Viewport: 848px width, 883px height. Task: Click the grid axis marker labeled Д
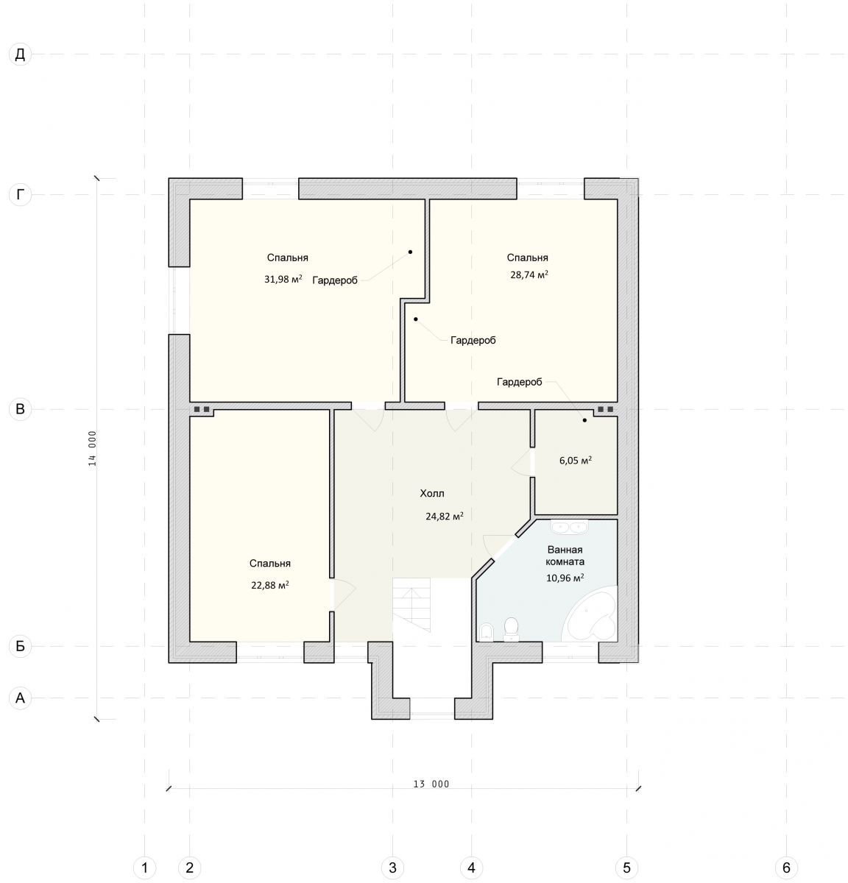[20, 54]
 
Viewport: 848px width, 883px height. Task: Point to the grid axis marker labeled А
[20, 698]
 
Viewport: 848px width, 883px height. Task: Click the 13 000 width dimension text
[431, 784]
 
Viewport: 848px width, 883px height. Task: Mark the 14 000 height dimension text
[92, 448]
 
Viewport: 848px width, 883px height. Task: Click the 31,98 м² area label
[283, 279]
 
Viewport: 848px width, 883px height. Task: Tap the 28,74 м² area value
[529, 274]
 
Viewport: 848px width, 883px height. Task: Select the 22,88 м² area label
[270, 585]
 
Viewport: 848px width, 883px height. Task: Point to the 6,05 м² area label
[575, 461]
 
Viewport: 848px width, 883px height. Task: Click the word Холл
[431, 493]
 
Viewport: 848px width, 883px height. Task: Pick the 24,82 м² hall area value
[445, 516]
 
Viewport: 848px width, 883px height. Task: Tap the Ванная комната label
[565, 556]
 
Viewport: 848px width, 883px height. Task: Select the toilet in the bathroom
[511, 629]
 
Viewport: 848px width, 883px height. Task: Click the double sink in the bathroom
[569, 527]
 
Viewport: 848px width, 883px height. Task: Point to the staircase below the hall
[411, 604]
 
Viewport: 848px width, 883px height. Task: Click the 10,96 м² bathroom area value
[565, 578]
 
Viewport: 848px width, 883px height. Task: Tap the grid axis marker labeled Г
[20, 195]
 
